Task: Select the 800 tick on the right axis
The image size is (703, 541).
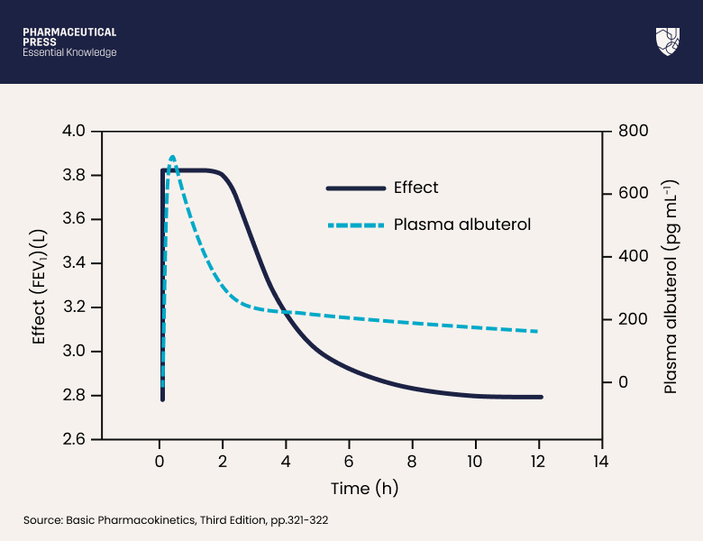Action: click(634, 132)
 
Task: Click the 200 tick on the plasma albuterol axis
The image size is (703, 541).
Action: click(634, 320)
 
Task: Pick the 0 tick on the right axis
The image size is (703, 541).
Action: click(623, 383)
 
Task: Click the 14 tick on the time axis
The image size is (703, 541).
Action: click(601, 461)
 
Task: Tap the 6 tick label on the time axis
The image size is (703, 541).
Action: click(349, 461)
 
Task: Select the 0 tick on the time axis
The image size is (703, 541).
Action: click(159, 461)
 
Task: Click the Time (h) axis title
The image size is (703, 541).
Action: click(364, 489)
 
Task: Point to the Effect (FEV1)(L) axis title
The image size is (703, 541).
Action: click(39, 285)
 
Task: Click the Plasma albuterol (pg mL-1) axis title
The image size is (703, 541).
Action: click(671, 285)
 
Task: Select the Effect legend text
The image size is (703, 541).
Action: click(415, 188)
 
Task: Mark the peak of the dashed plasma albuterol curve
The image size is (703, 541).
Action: click(172, 156)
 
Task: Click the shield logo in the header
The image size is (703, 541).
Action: click(668, 41)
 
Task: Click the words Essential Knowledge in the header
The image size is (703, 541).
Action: click(69, 52)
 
